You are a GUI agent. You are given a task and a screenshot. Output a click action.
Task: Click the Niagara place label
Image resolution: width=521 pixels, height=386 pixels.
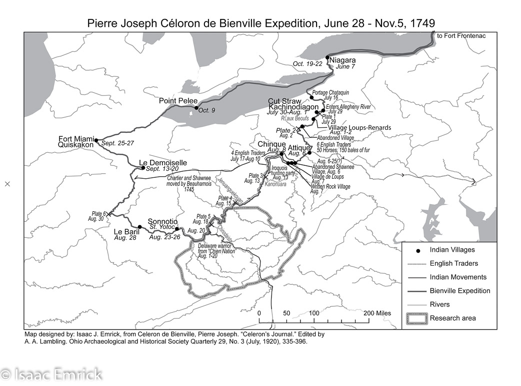342,60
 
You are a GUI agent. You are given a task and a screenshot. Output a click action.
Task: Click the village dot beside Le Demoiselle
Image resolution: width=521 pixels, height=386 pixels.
143,168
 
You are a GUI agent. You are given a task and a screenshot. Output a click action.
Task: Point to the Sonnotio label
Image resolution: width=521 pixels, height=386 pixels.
162,221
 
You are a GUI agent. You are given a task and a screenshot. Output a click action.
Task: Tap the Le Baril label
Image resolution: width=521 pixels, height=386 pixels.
125,232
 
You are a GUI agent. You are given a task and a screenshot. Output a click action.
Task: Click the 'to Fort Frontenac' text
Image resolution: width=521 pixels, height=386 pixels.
461,36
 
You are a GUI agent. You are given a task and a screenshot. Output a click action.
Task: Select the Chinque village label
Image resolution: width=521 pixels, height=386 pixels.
271,144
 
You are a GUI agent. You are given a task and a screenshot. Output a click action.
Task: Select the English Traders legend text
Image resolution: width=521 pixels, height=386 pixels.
453,264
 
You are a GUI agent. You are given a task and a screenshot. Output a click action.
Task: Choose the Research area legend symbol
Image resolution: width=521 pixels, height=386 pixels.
416,318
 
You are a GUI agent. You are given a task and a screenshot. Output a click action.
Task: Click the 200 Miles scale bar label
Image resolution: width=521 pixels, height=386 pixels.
377,313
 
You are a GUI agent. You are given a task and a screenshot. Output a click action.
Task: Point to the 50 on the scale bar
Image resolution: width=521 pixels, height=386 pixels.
286,313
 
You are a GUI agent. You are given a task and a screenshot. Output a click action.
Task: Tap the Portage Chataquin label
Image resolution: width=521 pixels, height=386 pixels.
330,93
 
